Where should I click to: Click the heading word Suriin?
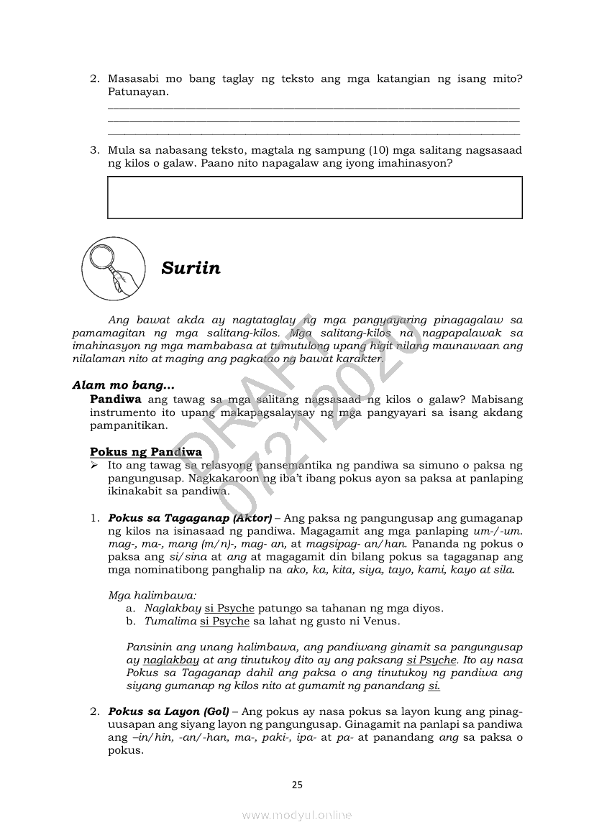191,269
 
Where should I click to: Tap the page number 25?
297,785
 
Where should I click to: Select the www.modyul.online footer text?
297,815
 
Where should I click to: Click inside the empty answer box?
314,197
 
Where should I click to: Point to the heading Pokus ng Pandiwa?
146,452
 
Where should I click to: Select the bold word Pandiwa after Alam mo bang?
115,400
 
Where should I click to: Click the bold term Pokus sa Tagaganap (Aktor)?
190,518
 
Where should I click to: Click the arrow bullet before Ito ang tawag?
94,466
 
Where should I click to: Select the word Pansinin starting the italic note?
148,647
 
